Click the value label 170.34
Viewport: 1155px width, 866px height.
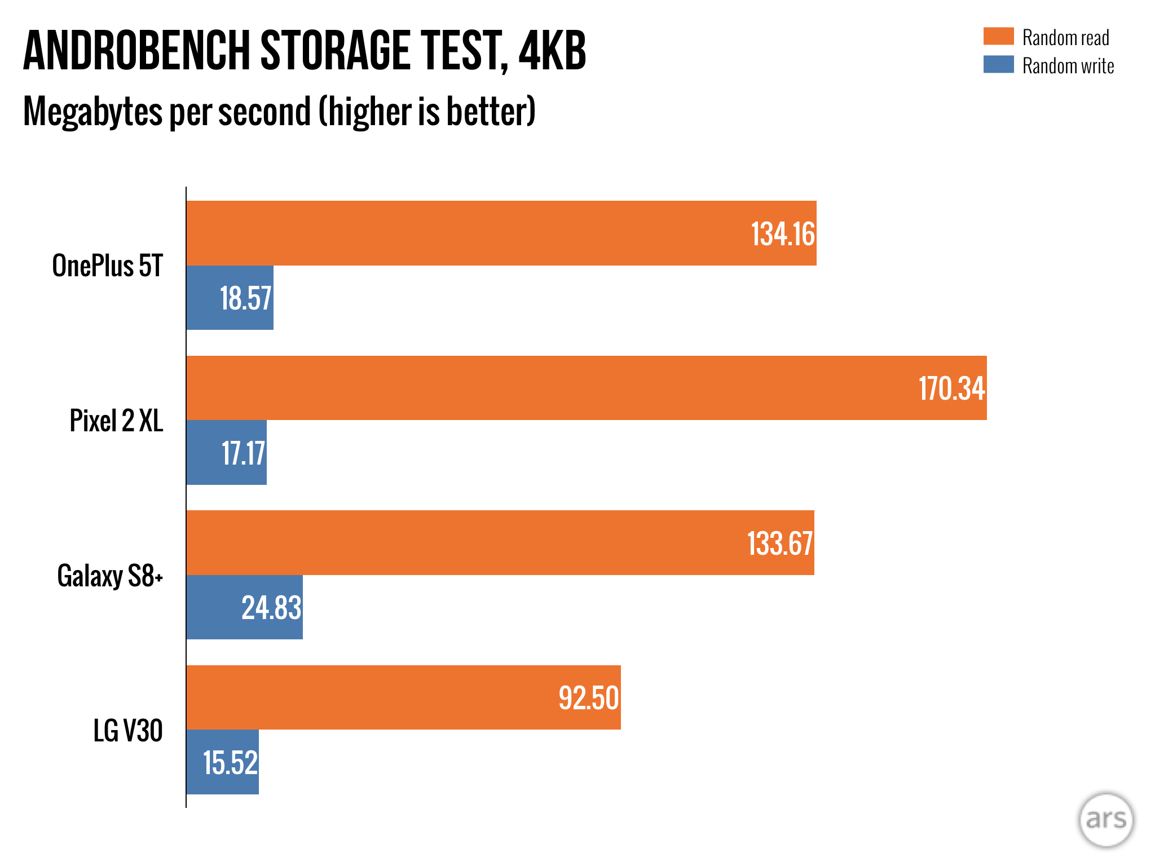pyautogui.click(x=951, y=388)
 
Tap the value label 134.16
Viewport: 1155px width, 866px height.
pyautogui.click(x=783, y=234)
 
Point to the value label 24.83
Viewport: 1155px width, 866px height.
pyautogui.click(x=271, y=608)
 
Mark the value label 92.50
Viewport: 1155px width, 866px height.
pyautogui.click(x=588, y=698)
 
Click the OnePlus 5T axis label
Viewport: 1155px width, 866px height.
pyautogui.click(x=107, y=266)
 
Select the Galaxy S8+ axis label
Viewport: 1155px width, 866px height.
pyautogui.click(x=110, y=576)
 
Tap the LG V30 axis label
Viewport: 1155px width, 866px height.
pyautogui.click(x=128, y=731)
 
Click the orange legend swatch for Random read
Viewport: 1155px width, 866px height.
pyautogui.click(x=998, y=36)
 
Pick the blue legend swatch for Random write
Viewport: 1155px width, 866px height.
pyautogui.click(x=998, y=64)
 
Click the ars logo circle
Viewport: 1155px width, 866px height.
pyautogui.click(x=1106, y=820)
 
